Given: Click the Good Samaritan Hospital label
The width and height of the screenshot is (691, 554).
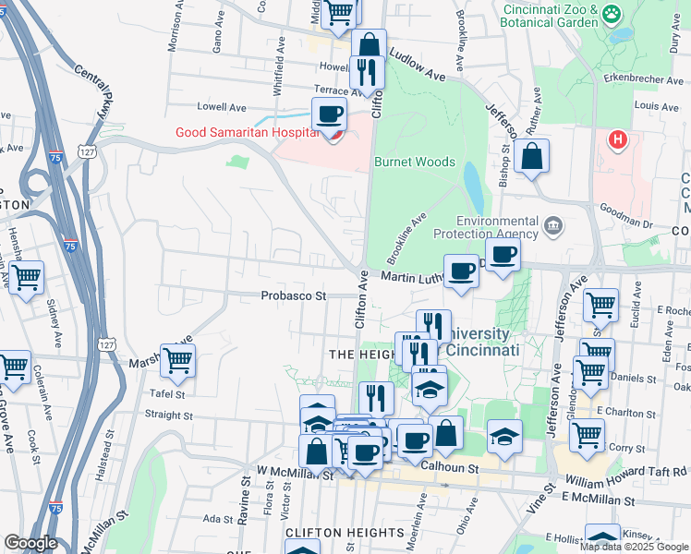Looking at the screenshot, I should [x=247, y=132].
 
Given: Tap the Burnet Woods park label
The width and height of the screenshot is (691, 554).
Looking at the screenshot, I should [x=415, y=162].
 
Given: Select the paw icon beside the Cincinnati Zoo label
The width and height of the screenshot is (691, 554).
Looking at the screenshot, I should [x=611, y=14].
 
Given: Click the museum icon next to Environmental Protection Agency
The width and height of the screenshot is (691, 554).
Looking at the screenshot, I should [x=552, y=224].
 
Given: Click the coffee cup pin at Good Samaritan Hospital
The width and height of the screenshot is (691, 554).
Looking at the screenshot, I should [x=329, y=115].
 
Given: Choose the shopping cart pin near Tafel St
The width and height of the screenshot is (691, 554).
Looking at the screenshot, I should [x=176, y=361].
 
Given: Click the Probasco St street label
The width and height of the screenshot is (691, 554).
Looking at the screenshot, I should [x=294, y=296].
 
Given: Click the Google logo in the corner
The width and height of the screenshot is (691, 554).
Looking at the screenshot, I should [x=30, y=543].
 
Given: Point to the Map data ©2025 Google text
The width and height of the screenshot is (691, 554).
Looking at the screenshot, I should [x=634, y=547].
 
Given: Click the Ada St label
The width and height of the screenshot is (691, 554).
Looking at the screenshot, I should [x=218, y=519].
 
